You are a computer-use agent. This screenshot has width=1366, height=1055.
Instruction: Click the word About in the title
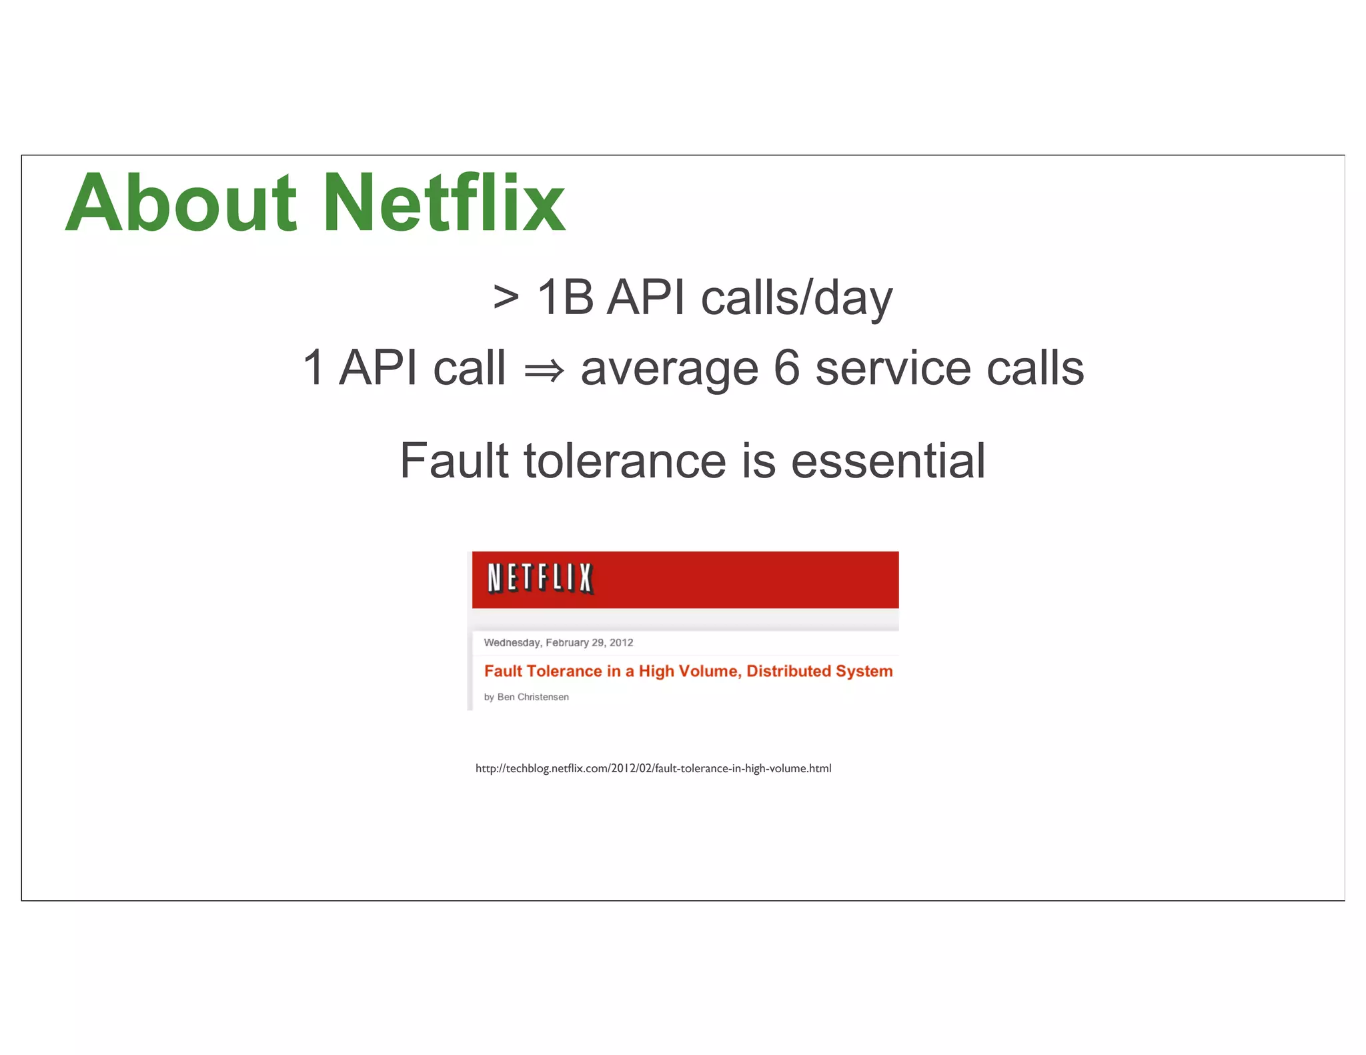tap(180, 203)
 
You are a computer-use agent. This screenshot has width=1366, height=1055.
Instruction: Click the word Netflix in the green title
tap(445, 203)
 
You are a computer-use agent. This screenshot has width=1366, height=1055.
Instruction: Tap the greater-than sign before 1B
tap(506, 297)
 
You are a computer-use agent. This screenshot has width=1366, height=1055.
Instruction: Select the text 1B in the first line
tap(565, 297)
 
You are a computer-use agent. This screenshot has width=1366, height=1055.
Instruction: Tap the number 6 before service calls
tap(787, 368)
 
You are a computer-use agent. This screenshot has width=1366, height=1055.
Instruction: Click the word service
tap(893, 368)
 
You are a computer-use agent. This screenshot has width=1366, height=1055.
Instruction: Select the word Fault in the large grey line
tap(454, 461)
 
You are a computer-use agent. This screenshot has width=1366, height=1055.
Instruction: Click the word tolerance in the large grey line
tap(625, 461)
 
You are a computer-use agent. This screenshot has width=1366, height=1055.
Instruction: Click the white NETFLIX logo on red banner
tap(540, 578)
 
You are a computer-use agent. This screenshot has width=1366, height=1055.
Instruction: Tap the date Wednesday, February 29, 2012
tap(558, 643)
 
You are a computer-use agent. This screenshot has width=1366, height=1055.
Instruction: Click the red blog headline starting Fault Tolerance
tap(688, 671)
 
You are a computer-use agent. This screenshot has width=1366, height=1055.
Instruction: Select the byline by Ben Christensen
tap(526, 697)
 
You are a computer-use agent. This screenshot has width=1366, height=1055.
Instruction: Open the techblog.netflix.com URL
tap(653, 768)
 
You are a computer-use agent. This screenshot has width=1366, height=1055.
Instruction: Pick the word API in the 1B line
tap(646, 297)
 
